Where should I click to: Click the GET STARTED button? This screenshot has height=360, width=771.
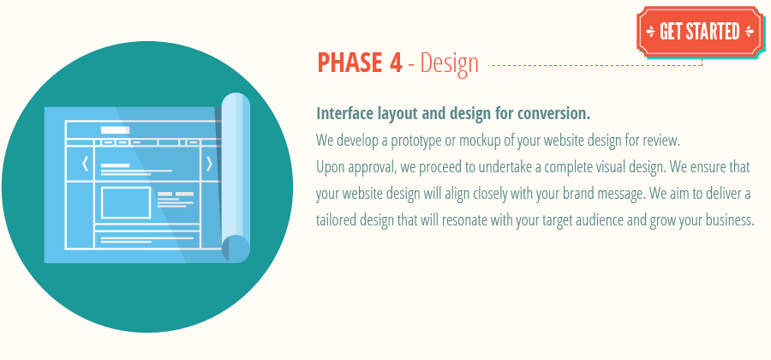click(x=699, y=32)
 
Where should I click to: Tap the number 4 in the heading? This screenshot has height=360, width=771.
click(x=394, y=63)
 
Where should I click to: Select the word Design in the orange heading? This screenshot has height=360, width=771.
click(x=449, y=63)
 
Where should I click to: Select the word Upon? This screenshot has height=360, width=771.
click(x=331, y=166)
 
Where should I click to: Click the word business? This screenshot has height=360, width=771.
click(x=726, y=219)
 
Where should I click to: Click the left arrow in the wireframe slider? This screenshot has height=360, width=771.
click(x=84, y=164)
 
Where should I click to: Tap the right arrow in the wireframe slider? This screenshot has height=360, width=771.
click(x=209, y=164)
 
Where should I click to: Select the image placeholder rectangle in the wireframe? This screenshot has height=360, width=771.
click(x=126, y=202)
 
